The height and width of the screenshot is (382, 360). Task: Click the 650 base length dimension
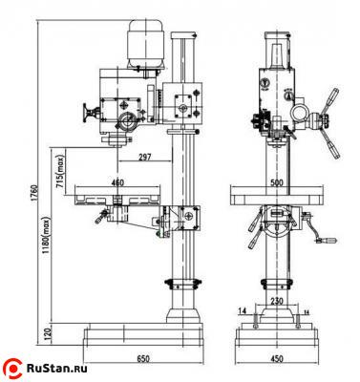142,360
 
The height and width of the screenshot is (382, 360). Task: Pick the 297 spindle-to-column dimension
146,156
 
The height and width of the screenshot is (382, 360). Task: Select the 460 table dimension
116,180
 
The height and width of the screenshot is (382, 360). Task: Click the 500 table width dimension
277,180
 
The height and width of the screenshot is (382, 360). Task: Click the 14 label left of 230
244,311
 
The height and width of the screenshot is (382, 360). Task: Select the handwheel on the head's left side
93,114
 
